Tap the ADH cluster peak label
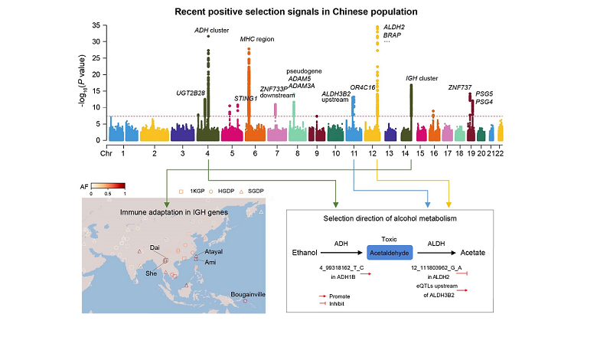[x=212, y=30]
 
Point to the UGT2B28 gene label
[x=191, y=93]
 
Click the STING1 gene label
[x=245, y=98]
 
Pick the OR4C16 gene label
[x=363, y=87]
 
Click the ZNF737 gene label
[x=459, y=87]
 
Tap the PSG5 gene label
[x=484, y=93]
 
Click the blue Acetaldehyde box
[x=390, y=252]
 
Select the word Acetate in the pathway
[x=475, y=252]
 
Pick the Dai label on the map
[x=154, y=247]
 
